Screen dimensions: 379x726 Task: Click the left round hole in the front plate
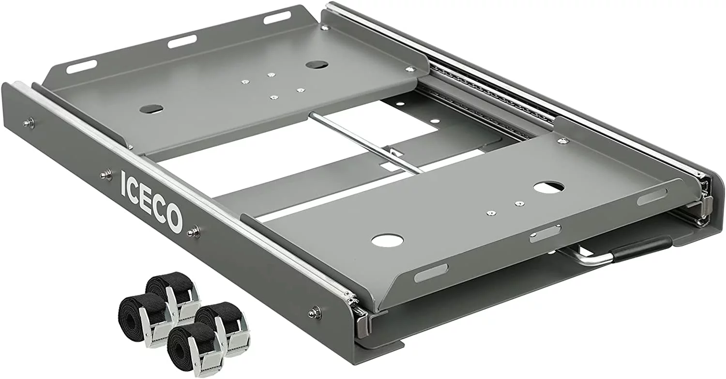387,239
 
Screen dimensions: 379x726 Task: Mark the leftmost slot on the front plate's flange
431,273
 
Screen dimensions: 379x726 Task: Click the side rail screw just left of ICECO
106,175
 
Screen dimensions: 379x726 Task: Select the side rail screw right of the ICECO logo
194,231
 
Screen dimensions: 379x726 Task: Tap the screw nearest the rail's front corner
315,312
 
